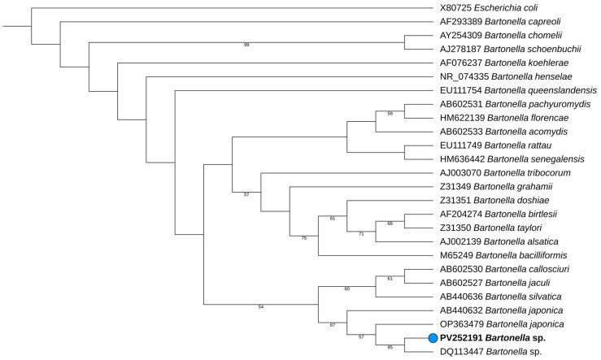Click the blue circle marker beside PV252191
(433, 338)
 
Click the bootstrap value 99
(246, 45)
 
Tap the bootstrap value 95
(390, 346)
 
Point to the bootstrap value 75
(303, 238)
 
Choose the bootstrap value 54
(261, 306)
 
